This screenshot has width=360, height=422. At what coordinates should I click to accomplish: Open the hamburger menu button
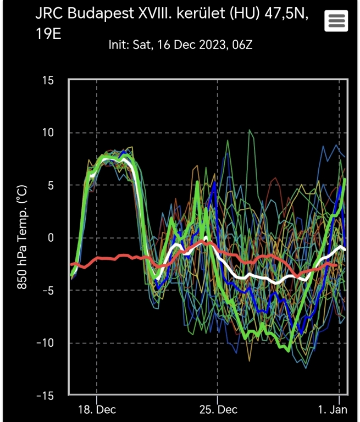coord(336,21)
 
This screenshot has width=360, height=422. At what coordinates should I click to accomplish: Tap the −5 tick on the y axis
coord(47,290)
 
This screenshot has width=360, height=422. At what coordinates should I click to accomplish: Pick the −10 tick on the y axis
coord(45,343)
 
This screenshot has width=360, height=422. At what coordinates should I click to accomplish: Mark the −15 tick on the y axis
coord(45,395)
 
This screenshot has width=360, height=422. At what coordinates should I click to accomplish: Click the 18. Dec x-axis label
coord(97,410)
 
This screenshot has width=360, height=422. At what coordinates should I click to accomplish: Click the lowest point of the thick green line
coord(289,350)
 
